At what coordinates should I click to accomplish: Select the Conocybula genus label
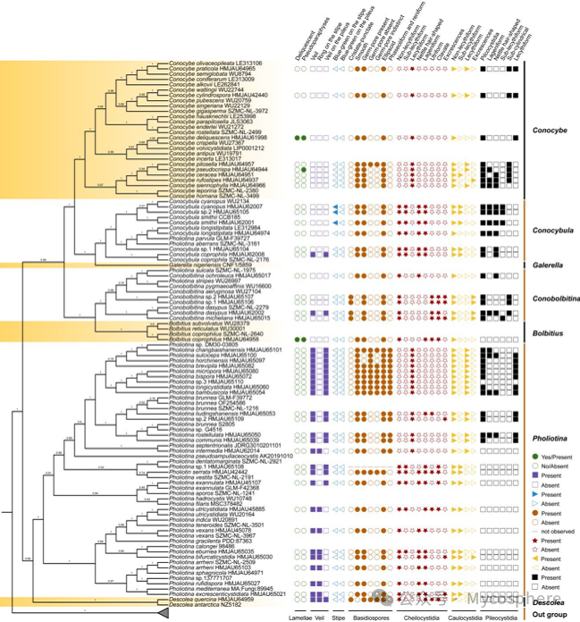551,231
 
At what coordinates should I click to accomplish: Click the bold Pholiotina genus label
551,416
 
